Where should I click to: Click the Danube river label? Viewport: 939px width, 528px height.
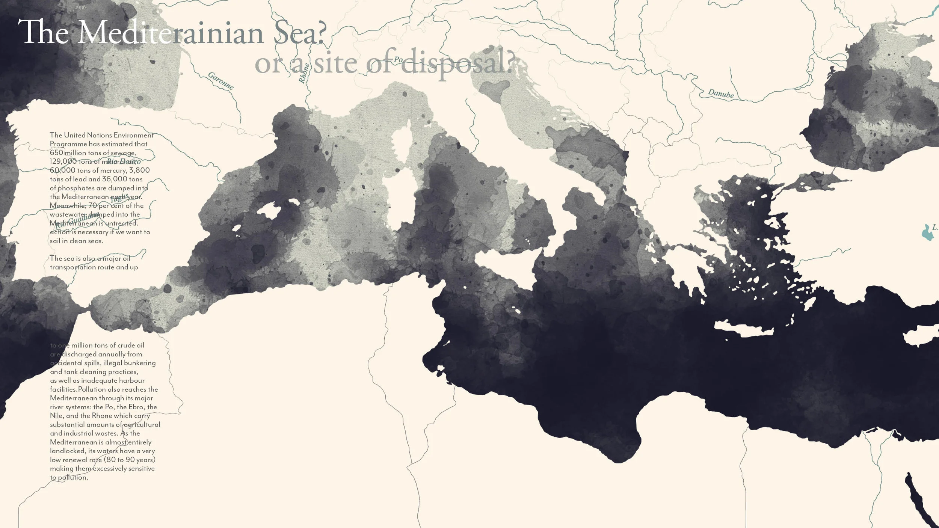[720, 94]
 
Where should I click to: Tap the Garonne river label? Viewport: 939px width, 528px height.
[221, 81]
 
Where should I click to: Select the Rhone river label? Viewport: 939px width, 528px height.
[304, 73]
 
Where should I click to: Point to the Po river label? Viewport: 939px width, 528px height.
[398, 59]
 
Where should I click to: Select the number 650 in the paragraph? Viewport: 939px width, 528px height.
[56, 153]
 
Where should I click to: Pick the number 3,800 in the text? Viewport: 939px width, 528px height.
[139, 170]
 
